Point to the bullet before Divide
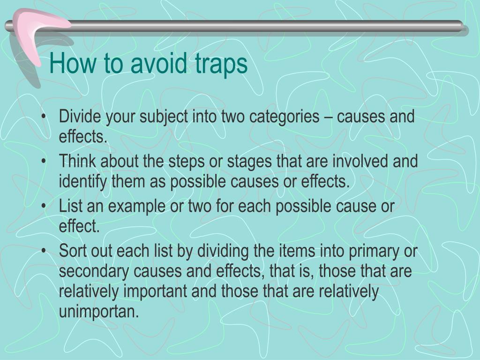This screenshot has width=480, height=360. click(44, 117)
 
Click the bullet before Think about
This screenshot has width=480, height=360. click(44, 162)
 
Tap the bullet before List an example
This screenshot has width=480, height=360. click(44, 207)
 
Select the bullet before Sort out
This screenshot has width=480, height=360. click(44, 252)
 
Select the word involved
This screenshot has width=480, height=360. click(361, 162)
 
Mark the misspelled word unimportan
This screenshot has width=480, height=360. click(99, 312)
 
